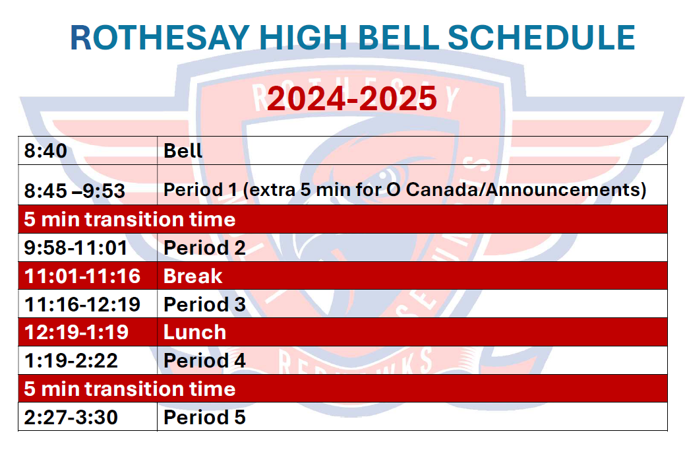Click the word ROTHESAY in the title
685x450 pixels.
tap(160, 38)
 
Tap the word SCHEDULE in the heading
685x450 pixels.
tap(541, 38)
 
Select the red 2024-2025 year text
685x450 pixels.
tap(351, 98)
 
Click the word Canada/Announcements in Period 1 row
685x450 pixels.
tap(526, 190)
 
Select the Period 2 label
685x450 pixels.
tap(204, 248)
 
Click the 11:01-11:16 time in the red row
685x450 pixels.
tap(82, 276)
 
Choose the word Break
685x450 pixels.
tap(193, 276)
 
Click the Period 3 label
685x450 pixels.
tap(204, 305)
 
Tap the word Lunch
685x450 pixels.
tap(195, 333)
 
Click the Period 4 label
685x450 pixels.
tap(204, 361)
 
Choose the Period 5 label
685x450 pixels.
tap(204, 417)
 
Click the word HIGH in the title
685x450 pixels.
tap(303, 38)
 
